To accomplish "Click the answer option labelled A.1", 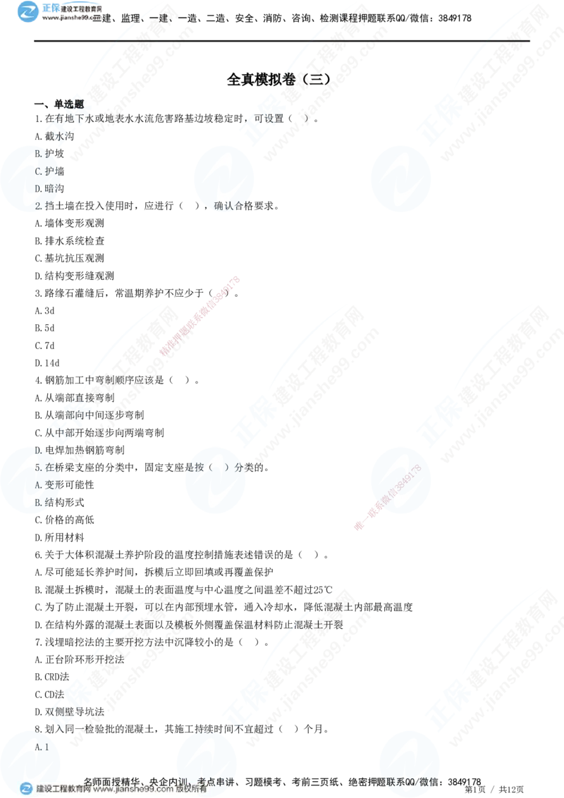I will pyautogui.click(x=42, y=747).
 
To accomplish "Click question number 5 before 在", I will pyautogui.click(x=37, y=467).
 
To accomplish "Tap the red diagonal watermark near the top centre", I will pyautogui.click(x=201, y=317).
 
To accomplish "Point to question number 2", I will pyautogui.click(x=39, y=206).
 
